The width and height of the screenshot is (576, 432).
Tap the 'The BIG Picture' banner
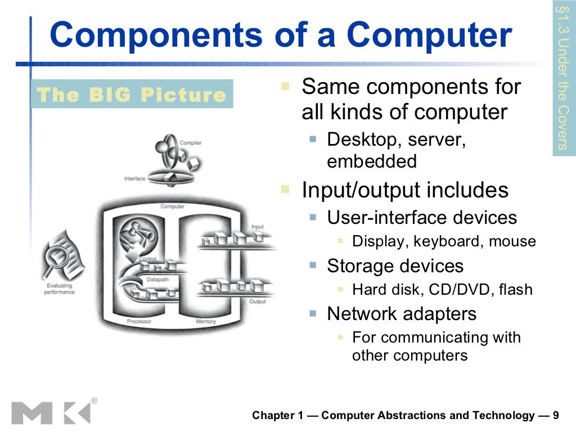click(x=131, y=94)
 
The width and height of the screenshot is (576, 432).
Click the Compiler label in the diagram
click(x=191, y=143)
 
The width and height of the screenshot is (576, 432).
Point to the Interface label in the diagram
click(x=134, y=179)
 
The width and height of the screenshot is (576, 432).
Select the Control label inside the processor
click(x=147, y=259)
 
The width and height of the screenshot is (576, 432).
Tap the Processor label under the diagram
click(x=139, y=322)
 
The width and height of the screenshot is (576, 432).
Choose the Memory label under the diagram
click(x=205, y=322)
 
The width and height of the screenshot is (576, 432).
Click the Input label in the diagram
click(x=257, y=227)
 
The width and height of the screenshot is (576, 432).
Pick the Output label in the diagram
click(x=257, y=302)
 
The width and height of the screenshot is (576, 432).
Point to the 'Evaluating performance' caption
click(x=59, y=289)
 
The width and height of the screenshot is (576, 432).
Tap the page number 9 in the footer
click(x=556, y=416)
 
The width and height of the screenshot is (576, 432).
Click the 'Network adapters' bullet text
click(x=402, y=313)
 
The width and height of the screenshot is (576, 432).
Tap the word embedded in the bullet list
click(x=372, y=161)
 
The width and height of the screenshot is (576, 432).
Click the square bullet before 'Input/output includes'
click(x=285, y=189)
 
